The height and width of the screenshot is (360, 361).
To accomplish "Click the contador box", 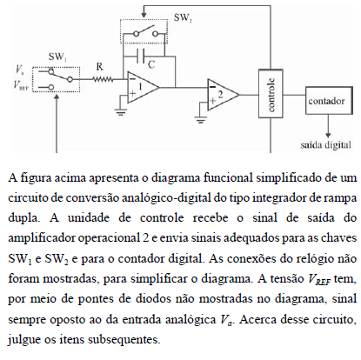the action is (x=329, y=101).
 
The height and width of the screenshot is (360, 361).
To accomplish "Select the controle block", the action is (x=271, y=94).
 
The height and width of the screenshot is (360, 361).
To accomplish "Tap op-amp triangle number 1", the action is (x=144, y=87).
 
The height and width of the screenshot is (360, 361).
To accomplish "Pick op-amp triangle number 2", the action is (x=223, y=95).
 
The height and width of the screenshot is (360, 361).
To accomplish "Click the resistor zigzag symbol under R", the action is (x=103, y=79).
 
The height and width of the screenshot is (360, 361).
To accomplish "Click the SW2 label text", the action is (x=183, y=18).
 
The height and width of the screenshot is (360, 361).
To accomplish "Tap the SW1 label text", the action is (x=57, y=57).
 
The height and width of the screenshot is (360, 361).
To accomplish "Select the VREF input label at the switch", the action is (x=22, y=84).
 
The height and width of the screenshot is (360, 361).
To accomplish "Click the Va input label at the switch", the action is (x=20, y=70).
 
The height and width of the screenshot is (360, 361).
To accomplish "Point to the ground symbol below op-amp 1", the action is (x=121, y=111).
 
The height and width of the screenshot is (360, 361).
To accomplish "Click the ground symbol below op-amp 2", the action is (x=200, y=119).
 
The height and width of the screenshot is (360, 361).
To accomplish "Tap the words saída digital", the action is (x=326, y=144).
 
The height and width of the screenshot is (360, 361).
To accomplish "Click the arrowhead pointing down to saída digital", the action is (x=328, y=135).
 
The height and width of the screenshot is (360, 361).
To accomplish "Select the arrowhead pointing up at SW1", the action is (x=57, y=97).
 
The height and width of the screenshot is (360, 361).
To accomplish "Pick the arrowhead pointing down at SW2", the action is (x=144, y=15).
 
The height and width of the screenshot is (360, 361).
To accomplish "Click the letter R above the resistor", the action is (x=99, y=67).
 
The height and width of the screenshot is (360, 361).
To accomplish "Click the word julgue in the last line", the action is (x=24, y=339).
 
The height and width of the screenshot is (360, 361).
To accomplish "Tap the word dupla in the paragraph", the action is (x=24, y=218).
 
